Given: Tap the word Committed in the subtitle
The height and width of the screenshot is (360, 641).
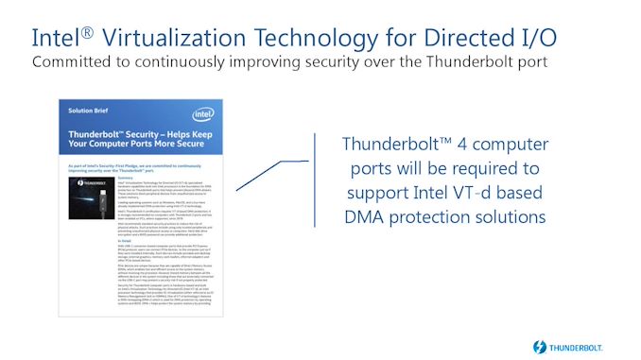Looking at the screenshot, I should pos(72,62).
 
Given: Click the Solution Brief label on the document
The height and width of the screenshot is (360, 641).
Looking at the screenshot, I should pos(89,111).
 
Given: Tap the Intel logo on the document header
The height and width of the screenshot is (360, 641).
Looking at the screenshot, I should pos(199,111).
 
